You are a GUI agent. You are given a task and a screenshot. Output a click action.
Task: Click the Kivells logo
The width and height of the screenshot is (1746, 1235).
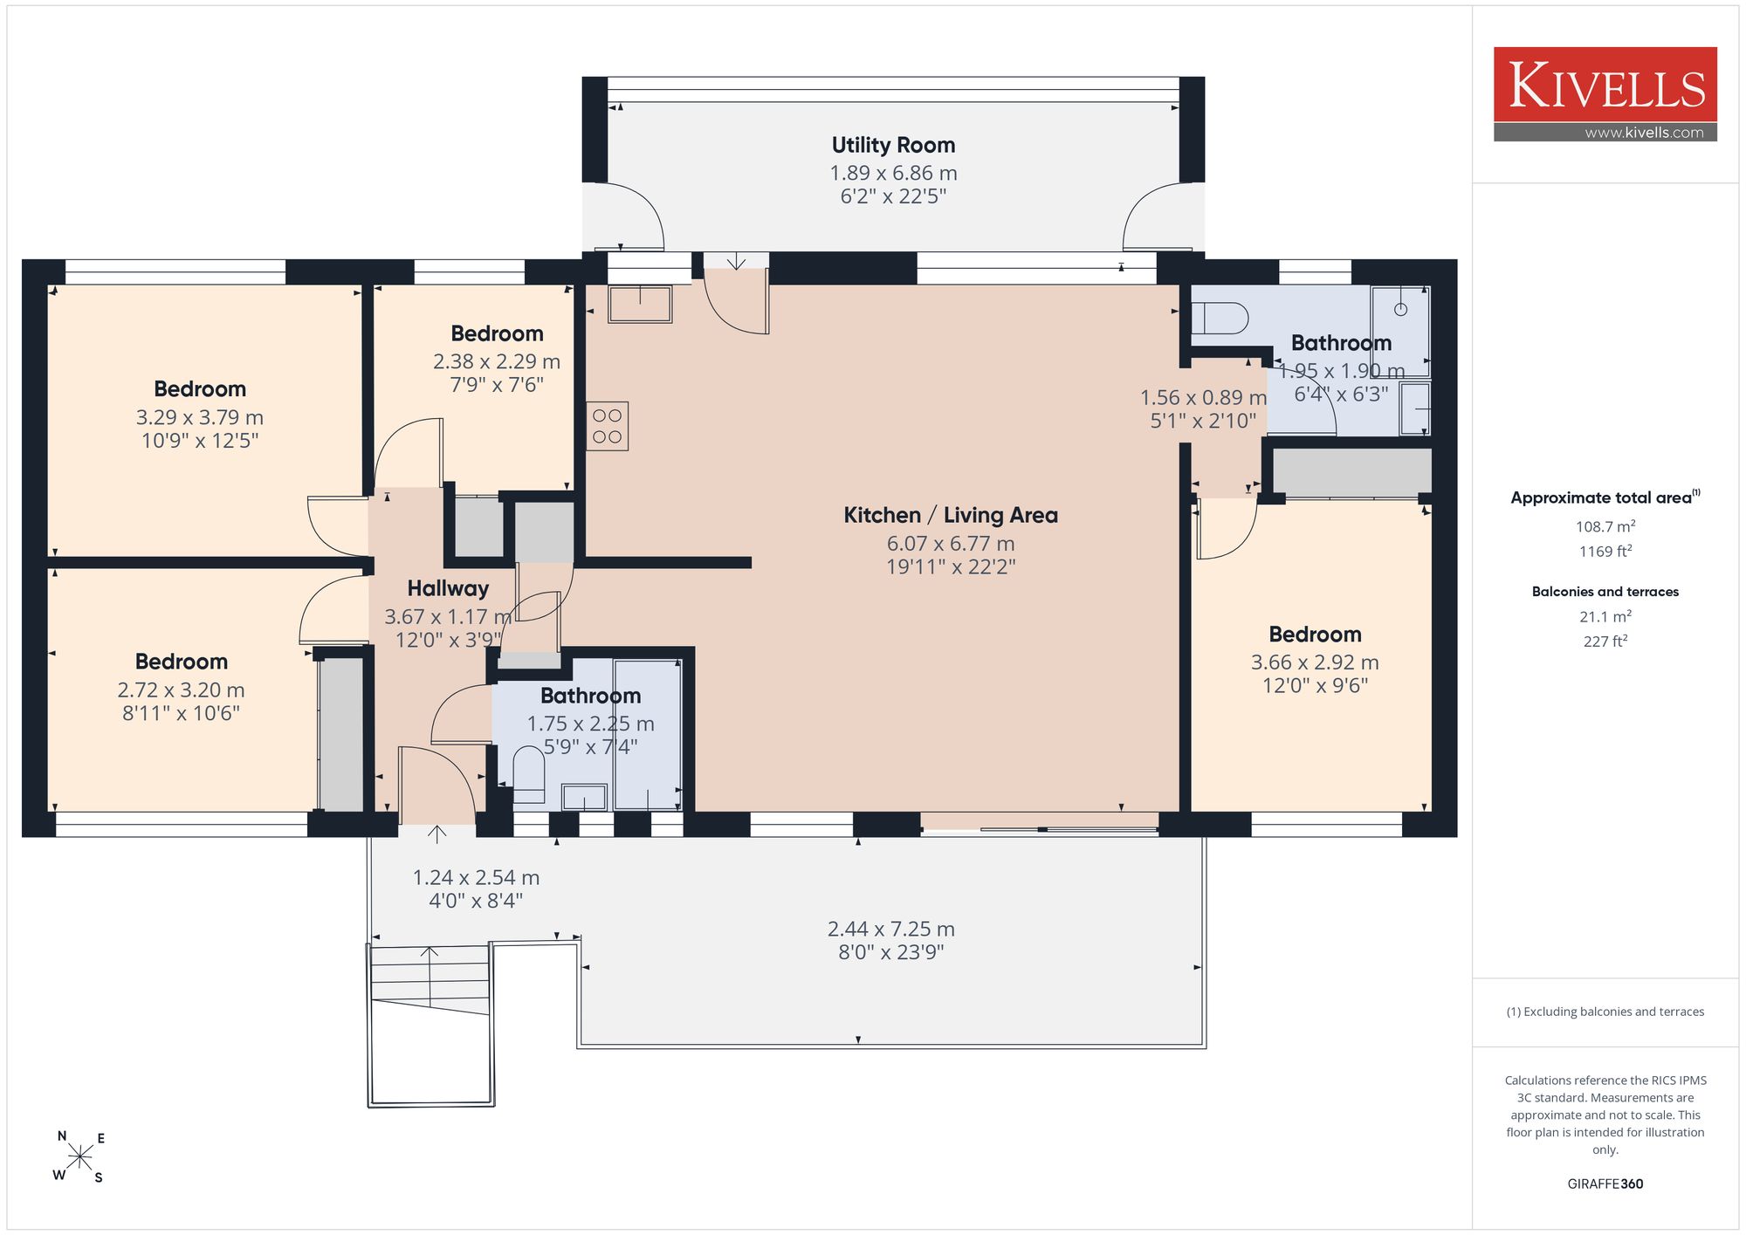(1605, 94)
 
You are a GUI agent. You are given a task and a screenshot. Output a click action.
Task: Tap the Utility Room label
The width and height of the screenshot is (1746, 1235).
(893, 145)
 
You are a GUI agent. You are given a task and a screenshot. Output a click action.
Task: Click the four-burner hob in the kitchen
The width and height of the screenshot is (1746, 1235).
(607, 426)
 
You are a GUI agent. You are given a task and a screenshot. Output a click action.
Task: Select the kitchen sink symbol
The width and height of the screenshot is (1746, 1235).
(640, 305)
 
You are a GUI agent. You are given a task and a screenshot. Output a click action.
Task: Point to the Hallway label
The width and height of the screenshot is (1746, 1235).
(448, 588)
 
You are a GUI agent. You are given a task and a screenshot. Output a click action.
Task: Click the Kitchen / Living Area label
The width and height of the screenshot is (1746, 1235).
(951, 515)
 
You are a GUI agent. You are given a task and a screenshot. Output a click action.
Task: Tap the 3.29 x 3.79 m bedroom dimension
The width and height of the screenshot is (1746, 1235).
(200, 417)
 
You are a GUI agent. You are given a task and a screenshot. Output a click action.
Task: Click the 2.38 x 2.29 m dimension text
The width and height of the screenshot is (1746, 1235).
(497, 361)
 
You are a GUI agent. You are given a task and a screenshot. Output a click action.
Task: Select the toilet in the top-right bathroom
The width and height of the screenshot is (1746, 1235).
(1220, 319)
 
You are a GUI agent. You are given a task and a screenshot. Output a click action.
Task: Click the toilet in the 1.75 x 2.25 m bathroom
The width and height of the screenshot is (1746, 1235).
(529, 774)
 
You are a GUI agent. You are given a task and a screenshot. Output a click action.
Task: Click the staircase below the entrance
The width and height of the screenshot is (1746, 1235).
(430, 1026)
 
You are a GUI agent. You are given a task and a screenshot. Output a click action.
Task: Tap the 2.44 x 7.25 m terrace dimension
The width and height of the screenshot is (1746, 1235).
(891, 929)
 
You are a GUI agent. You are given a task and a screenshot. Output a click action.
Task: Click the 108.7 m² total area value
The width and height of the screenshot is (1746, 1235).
(1605, 526)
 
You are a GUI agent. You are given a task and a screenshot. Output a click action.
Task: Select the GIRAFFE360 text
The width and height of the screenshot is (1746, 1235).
(1605, 1184)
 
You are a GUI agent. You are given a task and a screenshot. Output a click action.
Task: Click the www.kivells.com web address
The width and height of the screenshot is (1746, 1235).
(1644, 133)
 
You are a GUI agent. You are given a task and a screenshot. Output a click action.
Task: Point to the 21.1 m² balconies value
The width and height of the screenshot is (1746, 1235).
(1605, 616)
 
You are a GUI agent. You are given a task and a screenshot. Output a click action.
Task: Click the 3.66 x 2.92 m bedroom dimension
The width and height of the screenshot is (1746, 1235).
(1315, 662)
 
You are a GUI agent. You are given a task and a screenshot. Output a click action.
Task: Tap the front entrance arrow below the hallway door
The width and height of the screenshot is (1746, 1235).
(436, 834)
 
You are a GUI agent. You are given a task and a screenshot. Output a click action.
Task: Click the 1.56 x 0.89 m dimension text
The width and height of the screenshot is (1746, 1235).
(1203, 398)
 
